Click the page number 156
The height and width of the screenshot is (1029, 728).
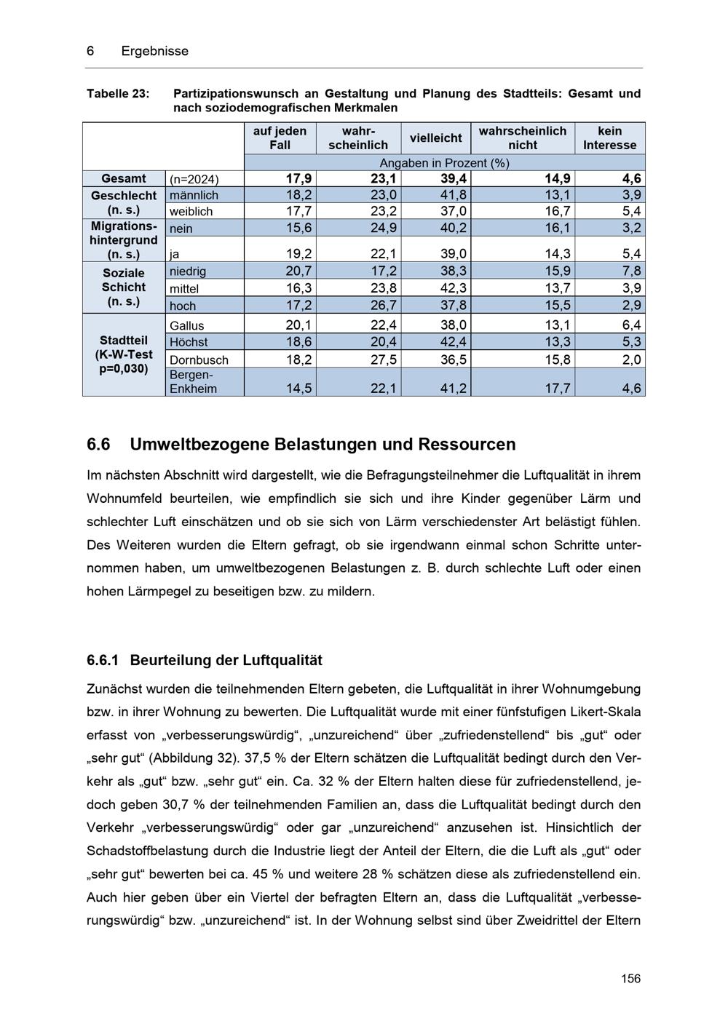[x=630, y=978]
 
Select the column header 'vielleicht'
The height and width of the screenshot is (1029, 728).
[x=435, y=138]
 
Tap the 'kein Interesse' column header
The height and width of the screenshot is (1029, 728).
[x=609, y=138]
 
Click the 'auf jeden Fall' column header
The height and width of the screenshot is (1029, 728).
[x=280, y=138]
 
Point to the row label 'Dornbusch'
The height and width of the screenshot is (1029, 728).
[x=199, y=360]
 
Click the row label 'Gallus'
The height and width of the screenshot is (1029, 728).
[x=187, y=326]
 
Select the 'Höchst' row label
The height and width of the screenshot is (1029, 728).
[x=189, y=342]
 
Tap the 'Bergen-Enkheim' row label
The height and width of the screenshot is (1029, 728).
[x=193, y=382]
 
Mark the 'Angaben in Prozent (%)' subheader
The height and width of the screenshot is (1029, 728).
[x=444, y=163]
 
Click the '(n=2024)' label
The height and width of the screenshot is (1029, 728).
[x=194, y=180]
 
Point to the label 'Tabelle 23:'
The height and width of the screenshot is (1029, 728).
[x=118, y=94]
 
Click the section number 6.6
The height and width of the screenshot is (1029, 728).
[x=98, y=445]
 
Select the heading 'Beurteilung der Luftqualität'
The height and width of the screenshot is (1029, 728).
[x=226, y=661]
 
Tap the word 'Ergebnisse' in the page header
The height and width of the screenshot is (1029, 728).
[x=154, y=51]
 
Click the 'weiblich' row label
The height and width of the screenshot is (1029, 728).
[x=191, y=212]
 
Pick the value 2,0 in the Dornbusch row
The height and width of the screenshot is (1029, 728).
[x=632, y=360]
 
